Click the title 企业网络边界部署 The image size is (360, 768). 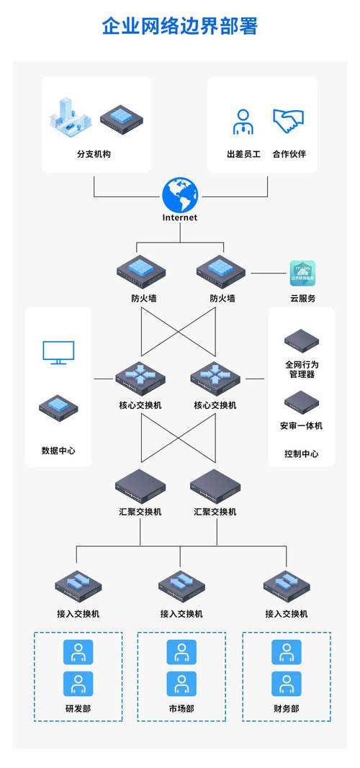[180, 27]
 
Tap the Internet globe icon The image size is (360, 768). [179, 194]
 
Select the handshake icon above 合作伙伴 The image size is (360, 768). [289, 121]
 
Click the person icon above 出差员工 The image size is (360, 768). [243, 122]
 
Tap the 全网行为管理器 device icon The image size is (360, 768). [301, 339]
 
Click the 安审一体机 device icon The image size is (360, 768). [301, 401]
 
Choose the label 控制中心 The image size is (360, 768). [301, 454]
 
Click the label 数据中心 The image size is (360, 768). [58, 451]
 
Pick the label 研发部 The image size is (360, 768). [78, 708]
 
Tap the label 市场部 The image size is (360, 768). [181, 708]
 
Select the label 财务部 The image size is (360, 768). [286, 708]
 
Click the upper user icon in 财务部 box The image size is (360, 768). [286, 652]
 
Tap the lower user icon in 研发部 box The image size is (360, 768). [78, 684]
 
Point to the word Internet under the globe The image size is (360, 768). [179, 217]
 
